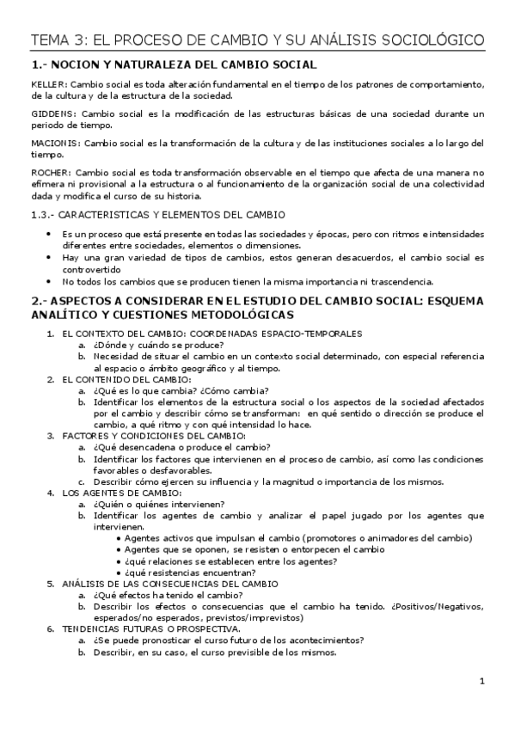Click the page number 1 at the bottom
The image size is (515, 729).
(482, 682)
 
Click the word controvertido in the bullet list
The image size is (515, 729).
(93, 268)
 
